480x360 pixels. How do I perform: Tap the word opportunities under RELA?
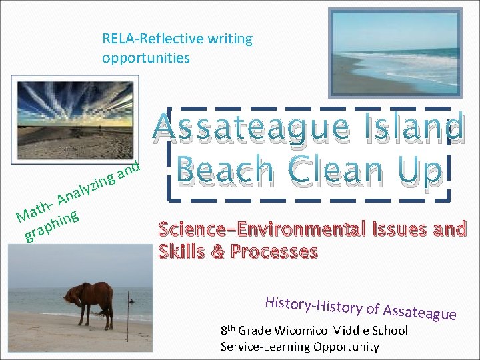[x=146, y=58]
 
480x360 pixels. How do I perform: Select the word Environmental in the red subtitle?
[x=296, y=231]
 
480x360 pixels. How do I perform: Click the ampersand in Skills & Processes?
[x=218, y=252]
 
